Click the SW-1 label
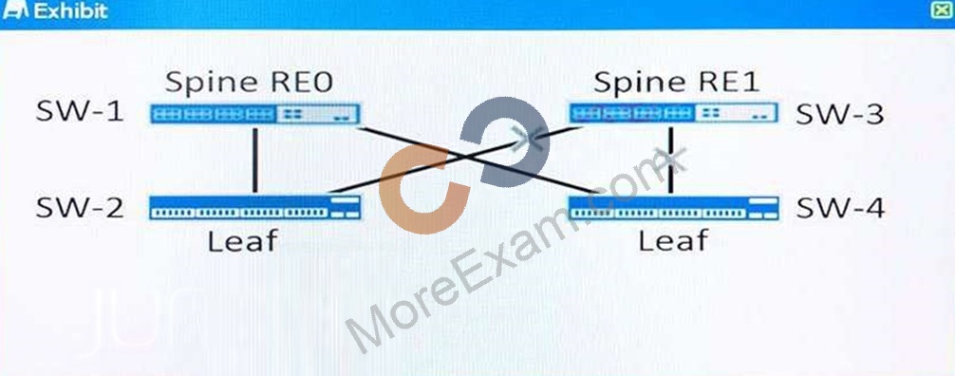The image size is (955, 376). point(80,113)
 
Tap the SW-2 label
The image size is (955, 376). point(80,209)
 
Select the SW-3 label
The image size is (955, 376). point(840,113)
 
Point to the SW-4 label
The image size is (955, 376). point(840,209)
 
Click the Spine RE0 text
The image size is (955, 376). point(249,83)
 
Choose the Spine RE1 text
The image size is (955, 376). point(677,83)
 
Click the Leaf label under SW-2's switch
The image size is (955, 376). point(242,241)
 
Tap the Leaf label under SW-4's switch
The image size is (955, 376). point(673,241)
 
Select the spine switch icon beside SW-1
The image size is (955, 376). point(254,114)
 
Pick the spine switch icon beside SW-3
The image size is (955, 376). point(674,113)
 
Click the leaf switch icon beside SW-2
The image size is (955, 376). point(254,207)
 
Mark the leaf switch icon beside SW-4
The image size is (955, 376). point(674,208)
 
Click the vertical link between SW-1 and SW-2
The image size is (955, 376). point(255,160)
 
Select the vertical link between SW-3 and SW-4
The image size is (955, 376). point(670,160)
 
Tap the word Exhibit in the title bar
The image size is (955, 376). point(71,11)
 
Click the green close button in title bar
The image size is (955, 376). point(944,10)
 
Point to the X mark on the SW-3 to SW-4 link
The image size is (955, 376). point(672,160)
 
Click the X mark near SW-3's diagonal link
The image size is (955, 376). point(529,139)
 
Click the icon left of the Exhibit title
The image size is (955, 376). point(16,10)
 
